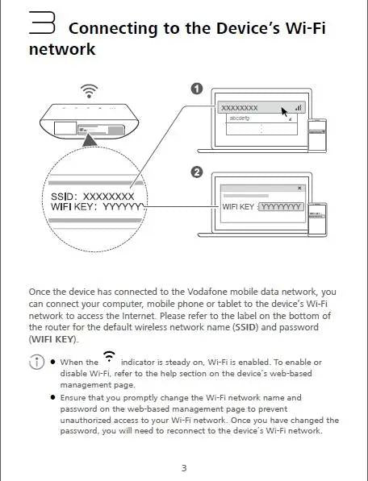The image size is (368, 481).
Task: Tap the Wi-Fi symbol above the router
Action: coord(90,89)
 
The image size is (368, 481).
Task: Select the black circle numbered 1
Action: coord(196,89)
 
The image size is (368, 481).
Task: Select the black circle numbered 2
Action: coord(196,171)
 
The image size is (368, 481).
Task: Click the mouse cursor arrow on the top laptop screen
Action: coord(285,110)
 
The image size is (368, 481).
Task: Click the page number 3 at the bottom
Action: coord(184,468)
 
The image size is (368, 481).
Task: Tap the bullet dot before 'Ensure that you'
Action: coord(52,398)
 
